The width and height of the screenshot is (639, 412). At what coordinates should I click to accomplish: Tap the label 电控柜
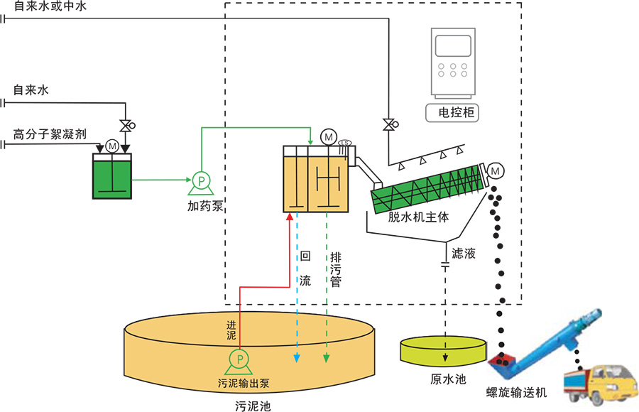(451, 112)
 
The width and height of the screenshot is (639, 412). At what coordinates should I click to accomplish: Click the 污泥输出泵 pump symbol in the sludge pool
(240, 359)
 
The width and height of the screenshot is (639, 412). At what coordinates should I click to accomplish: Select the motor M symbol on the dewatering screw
(495, 170)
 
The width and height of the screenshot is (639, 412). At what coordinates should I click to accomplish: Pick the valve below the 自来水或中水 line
(389, 124)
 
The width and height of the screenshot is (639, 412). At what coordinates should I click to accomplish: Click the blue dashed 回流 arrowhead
(297, 359)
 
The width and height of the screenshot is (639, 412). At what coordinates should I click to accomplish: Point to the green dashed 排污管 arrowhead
(327, 359)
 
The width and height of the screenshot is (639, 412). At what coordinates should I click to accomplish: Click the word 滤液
(464, 252)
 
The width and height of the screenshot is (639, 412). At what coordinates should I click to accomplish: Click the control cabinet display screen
(452, 45)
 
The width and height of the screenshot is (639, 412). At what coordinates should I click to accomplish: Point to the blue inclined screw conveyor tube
(558, 334)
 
